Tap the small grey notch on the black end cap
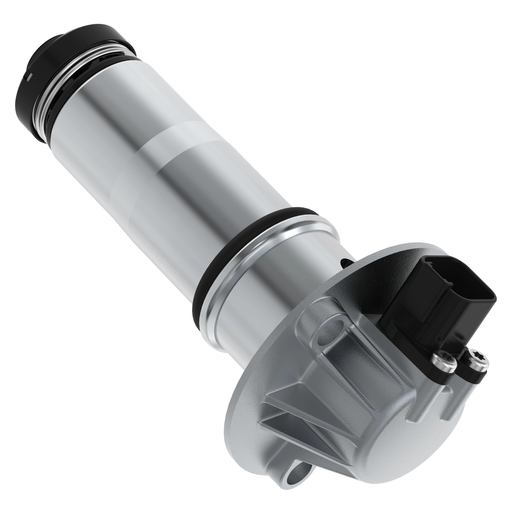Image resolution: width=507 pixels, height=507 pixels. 31,76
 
